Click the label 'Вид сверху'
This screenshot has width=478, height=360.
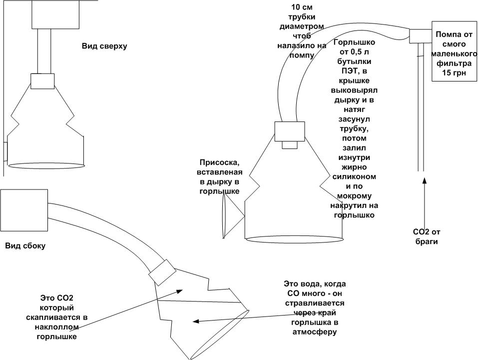coord(104,46)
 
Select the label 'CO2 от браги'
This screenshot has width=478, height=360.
coord(425,236)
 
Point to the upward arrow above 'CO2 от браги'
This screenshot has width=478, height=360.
coord(425,200)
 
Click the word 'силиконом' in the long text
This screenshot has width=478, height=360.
coord(354,177)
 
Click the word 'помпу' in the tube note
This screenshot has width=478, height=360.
coord(302,55)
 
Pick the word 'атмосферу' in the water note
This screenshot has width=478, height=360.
coord(314,331)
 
